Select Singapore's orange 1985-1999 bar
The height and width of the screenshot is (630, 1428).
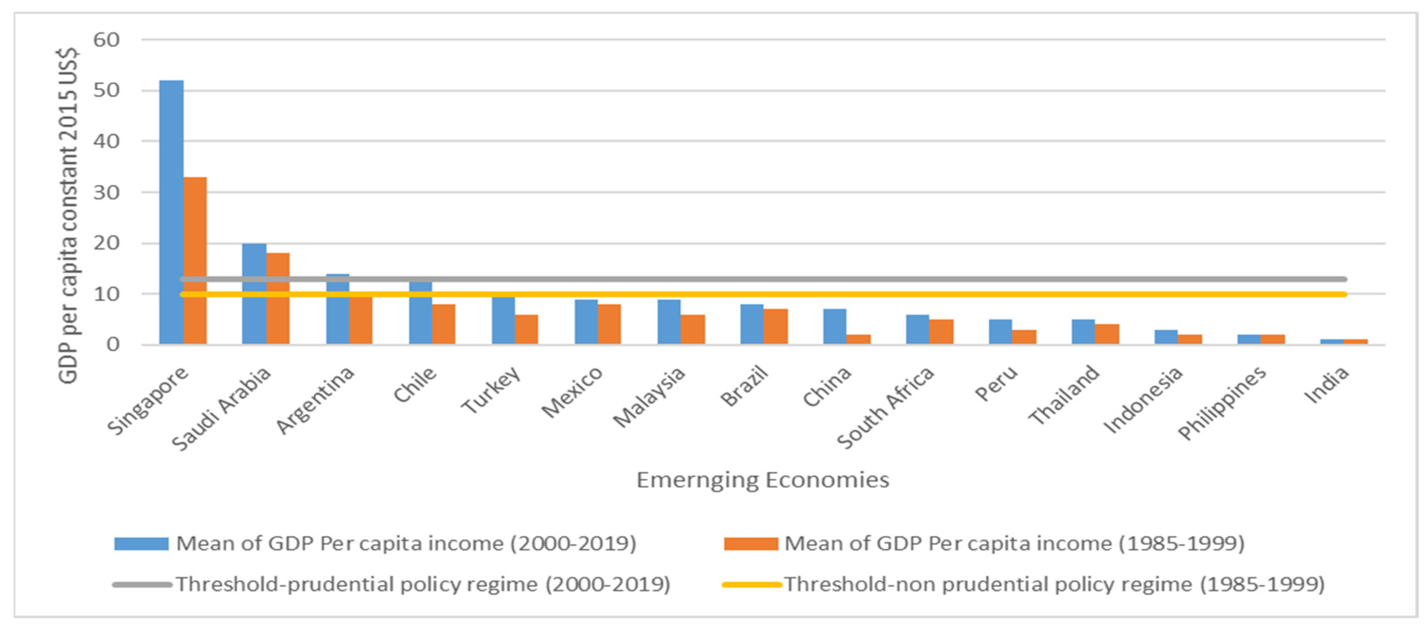(195, 261)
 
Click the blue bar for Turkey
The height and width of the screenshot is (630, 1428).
(503, 320)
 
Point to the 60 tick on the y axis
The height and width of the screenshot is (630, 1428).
(106, 40)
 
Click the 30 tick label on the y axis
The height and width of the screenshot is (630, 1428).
(106, 192)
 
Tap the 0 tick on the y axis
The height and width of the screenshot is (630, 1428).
(113, 344)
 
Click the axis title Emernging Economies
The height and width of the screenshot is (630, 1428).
(762, 480)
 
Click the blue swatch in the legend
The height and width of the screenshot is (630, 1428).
(141, 544)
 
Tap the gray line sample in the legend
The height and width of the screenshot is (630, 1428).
(141, 584)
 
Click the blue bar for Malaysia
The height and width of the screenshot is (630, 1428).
(669, 322)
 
